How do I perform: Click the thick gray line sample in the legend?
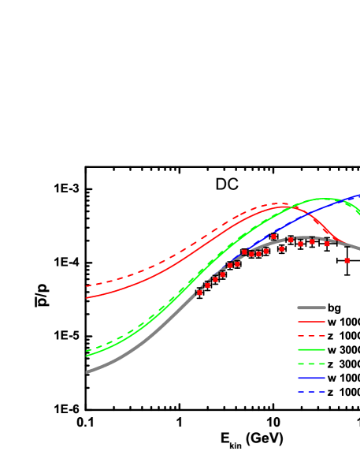pyautogui.click(x=311, y=308)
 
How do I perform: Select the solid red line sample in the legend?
pyautogui.click(x=311, y=322)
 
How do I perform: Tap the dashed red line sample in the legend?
pyautogui.click(x=311, y=336)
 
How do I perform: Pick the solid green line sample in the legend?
pyautogui.click(x=311, y=349)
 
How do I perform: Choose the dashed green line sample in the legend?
pyautogui.click(x=311, y=363)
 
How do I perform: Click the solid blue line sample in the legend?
pyautogui.click(x=311, y=378)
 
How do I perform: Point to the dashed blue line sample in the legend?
pyautogui.click(x=311, y=392)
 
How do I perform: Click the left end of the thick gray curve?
pyautogui.click(x=87, y=371)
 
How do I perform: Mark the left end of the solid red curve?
pyautogui.click(x=87, y=298)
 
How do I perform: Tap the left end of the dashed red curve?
pyautogui.click(x=87, y=286)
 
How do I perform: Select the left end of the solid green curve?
pyautogui.click(x=87, y=356)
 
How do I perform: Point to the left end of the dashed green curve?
pyautogui.click(x=87, y=351)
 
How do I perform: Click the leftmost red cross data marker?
pyautogui.click(x=199, y=293)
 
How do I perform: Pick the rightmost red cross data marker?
pyautogui.click(x=347, y=260)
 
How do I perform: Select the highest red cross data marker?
pyautogui.click(x=273, y=236)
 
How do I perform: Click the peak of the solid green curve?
pyautogui.click(x=321, y=199)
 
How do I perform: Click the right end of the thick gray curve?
pyautogui.click(x=358, y=249)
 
